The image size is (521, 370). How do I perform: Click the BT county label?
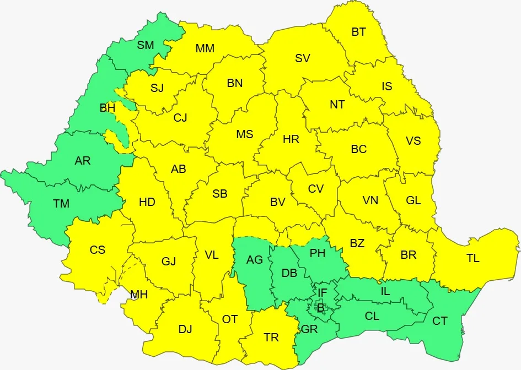point(359,32)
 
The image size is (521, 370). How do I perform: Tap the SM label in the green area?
point(146,45)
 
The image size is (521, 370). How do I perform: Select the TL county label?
point(472,258)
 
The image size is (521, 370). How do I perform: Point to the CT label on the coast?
point(439,321)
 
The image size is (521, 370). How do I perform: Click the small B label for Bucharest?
point(320,308)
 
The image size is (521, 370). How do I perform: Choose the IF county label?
point(323,293)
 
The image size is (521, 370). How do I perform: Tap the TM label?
point(61,204)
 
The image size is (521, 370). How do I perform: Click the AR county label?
point(83,161)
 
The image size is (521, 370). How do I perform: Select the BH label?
point(108,108)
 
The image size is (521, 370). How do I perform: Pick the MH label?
point(139,295)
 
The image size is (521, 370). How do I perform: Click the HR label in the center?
point(291,139)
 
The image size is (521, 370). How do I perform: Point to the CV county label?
point(315,189)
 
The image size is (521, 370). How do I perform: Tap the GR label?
point(309,330)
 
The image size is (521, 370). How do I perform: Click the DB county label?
point(289,274)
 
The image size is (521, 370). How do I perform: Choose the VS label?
point(413,141)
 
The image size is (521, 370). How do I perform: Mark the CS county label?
point(98,250)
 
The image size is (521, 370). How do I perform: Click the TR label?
point(271,338)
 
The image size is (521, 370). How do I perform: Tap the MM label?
point(205,48)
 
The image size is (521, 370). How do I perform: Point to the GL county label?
point(413,200)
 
